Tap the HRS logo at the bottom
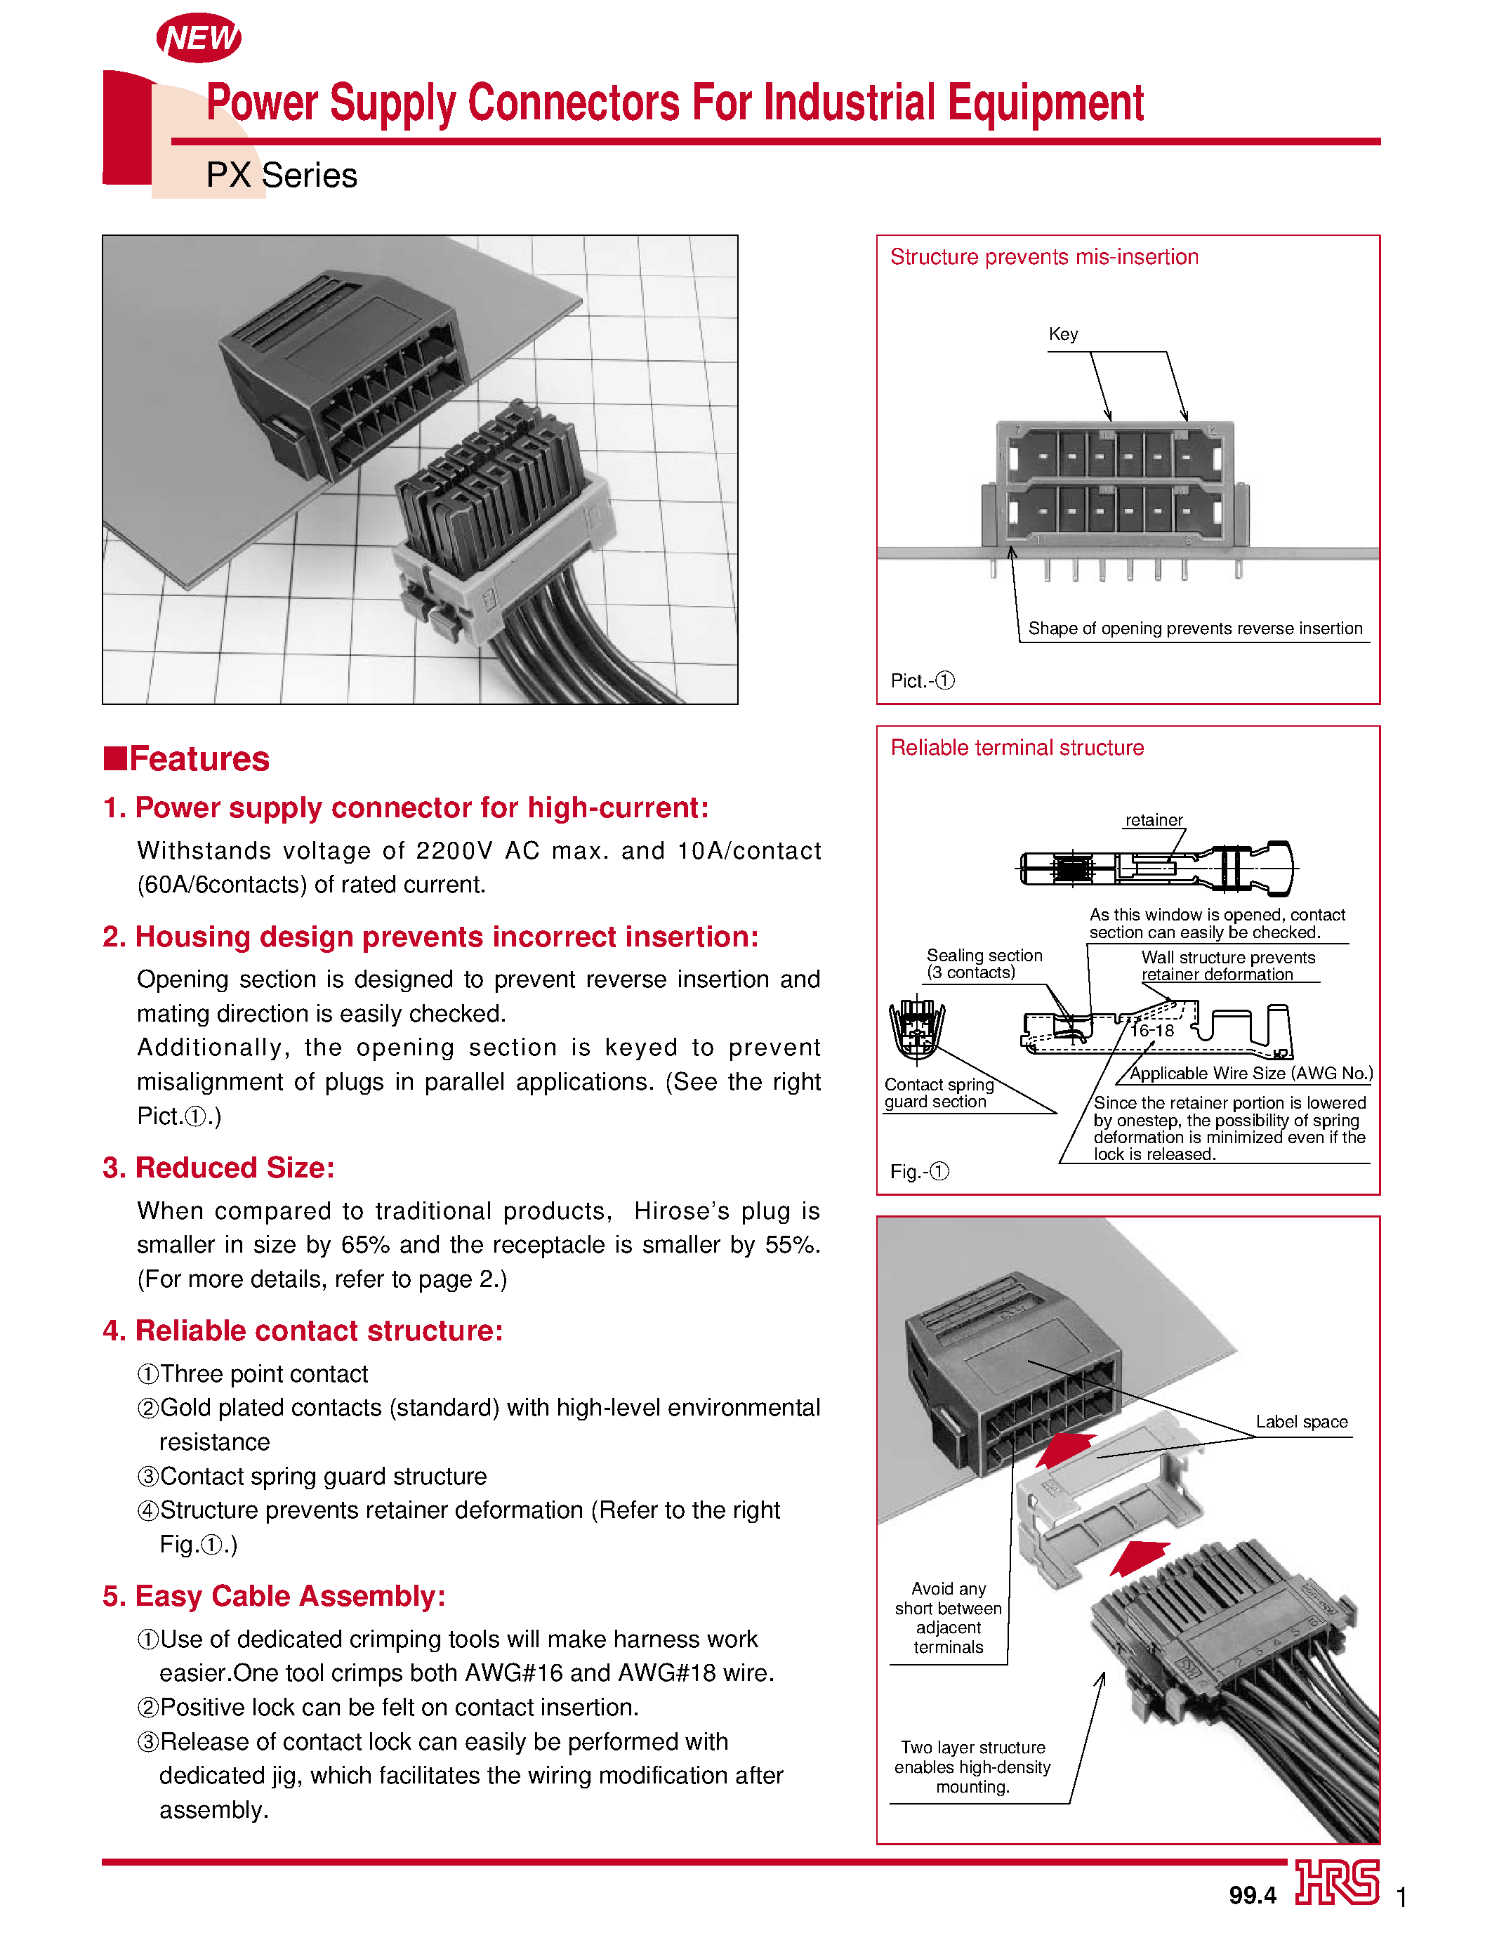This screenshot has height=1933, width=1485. tap(1337, 1882)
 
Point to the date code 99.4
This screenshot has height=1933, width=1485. tap(1252, 1895)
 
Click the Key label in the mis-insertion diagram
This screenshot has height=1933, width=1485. tap(1062, 334)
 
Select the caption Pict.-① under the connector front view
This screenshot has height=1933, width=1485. tap(922, 680)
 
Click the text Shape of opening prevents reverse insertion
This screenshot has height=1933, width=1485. tap(1194, 628)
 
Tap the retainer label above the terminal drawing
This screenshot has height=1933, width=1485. tap(1153, 820)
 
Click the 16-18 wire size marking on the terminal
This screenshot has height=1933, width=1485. tap(1151, 1031)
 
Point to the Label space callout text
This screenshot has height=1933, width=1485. tap(1301, 1422)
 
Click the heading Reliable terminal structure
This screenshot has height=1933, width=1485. tap(1017, 748)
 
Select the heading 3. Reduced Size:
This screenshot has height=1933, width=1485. tap(218, 1168)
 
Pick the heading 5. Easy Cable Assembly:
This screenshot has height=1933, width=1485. tap(274, 1596)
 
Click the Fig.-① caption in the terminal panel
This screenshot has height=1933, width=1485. tap(919, 1171)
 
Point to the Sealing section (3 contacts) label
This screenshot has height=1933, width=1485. tap(983, 963)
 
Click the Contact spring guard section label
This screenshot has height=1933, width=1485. tap(938, 1093)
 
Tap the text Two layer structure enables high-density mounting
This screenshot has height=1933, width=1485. tap(972, 1767)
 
